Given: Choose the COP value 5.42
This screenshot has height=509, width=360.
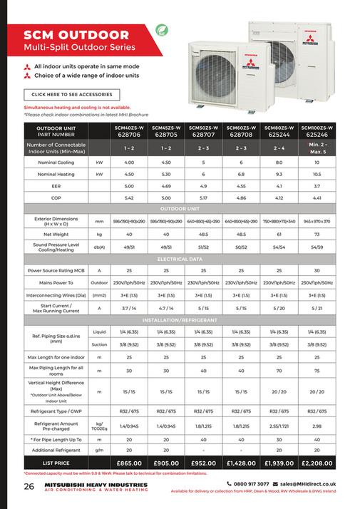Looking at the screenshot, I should click(x=129, y=197).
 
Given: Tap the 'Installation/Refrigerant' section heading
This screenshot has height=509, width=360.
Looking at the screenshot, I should click(x=180, y=320).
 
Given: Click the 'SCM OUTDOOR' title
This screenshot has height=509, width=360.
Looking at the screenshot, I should click(x=71, y=35).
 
